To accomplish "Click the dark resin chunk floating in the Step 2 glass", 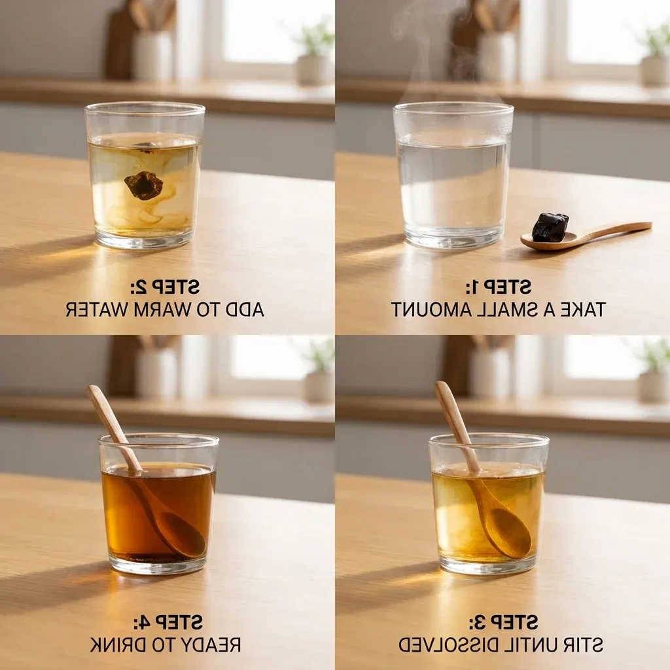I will coord(144,185).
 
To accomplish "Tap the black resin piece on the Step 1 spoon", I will coord(549,227).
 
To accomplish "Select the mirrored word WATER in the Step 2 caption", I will coord(97,309).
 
